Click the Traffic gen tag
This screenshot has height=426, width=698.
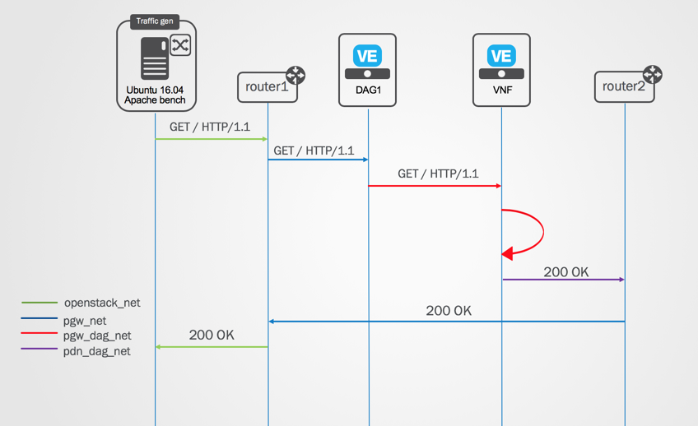(x=155, y=21)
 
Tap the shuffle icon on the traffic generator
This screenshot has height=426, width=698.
(x=180, y=45)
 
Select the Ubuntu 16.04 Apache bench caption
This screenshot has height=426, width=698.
(x=155, y=95)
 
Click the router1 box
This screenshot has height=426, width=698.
(x=267, y=87)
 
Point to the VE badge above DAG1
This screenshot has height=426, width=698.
(x=367, y=56)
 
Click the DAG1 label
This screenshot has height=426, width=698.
(x=368, y=90)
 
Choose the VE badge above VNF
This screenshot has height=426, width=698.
(x=501, y=56)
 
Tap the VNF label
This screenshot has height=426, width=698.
(x=502, y=90)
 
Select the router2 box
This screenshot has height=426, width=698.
(x=624, y=86)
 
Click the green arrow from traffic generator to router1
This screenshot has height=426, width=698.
(x=211, y=139)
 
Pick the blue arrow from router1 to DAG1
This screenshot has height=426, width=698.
(x=318, y=160)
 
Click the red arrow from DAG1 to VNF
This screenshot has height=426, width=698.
(x=435, y=186)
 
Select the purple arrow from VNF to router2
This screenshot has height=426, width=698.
(x=564, y=280)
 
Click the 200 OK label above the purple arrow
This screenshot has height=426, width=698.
(x=565, y=271)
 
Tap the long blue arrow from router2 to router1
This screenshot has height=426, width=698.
(x=446, y=322)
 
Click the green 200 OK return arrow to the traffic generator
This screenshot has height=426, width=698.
(x=212, y=347)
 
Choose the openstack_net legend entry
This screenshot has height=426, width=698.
(x=81, y=303)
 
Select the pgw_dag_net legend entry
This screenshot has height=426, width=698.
(x=76, y=336)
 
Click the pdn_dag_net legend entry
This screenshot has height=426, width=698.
(x=76, y=351)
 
